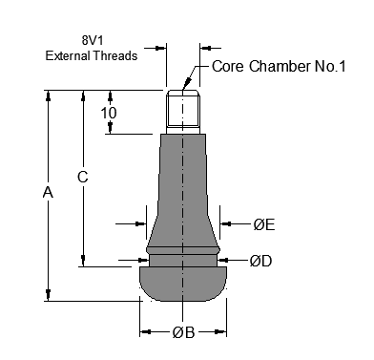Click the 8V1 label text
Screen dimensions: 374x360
[93, 40]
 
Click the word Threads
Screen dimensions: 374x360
[115, 55]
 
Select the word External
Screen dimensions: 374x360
[68, 55]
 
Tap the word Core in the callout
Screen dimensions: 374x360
[228, 66]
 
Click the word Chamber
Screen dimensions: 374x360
[280, 66]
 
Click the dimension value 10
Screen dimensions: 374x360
[109, 113]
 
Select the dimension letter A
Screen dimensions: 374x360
[48, 192]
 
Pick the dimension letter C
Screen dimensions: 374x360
[83, 177]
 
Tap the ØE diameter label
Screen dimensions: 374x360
[264, 224]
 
